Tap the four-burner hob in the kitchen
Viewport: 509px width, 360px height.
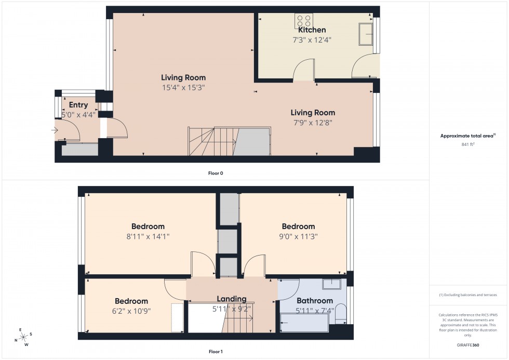(x=304, y=20)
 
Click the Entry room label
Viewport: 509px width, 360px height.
(x=78, y=105)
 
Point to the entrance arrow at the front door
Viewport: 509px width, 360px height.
(x=56, y=130)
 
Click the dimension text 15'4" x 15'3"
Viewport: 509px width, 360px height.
(x=183, y=88)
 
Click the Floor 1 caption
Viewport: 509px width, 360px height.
(x=216, y=352)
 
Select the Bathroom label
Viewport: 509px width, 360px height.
(x=315, y=301)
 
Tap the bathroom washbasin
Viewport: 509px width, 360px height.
(x=331, y=284)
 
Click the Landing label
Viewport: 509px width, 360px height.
(x=232, y=299)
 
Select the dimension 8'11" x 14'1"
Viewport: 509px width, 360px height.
(x=148, y=236)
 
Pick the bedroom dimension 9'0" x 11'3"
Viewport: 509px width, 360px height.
(x=298, y=236)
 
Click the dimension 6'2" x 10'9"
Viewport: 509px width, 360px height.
(x=131, y=311)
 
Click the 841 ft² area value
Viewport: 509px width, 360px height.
(x=468, y=144)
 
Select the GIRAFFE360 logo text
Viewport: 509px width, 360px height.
(x=468, y=344)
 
